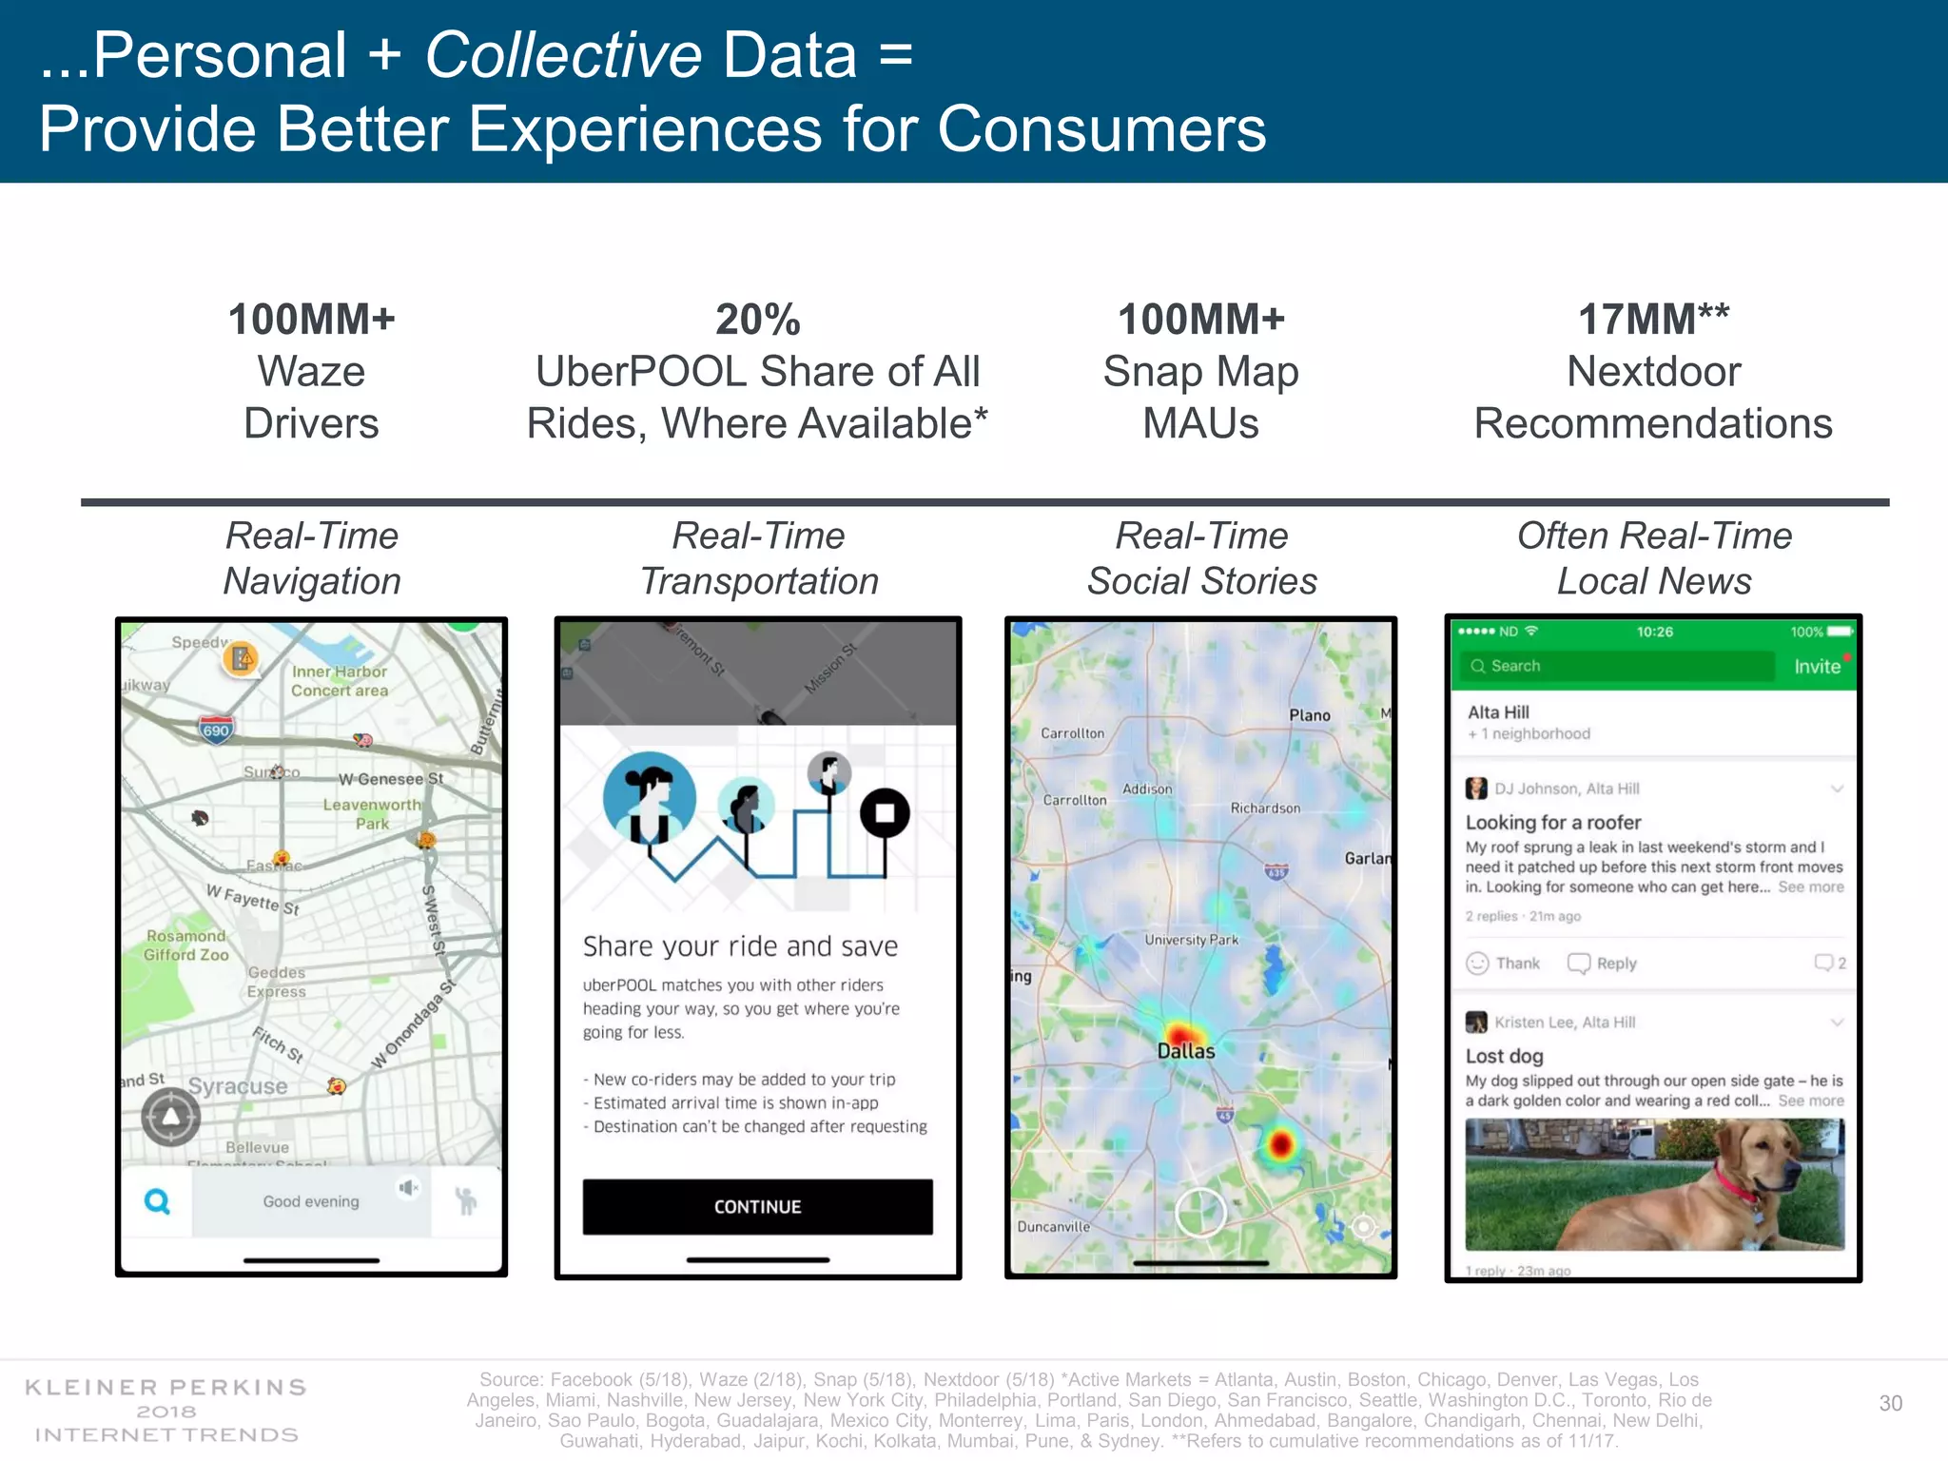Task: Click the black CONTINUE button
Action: [757, 1206]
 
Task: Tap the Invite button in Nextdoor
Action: [1817, 667]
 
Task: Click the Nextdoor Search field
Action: [1617, 666]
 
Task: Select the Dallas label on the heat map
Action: [1185, 1051]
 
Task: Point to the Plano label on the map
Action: [1309, 715]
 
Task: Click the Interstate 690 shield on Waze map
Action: [216, 730]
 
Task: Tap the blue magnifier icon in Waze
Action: [157, 1201]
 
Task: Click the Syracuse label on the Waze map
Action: [238, 1086]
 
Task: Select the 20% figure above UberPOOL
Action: [757, 320]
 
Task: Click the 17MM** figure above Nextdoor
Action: [1653, 320]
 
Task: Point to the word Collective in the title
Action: [563, 55]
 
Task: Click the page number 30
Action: [1890, 1403]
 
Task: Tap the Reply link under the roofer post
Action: [1604, 964]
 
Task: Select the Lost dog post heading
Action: [1504, 1056]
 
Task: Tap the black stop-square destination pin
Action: [885, 813]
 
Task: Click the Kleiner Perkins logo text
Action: [166, 1387]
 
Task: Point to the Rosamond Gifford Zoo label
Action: [186, 945]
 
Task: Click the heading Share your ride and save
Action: [740, 946]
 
